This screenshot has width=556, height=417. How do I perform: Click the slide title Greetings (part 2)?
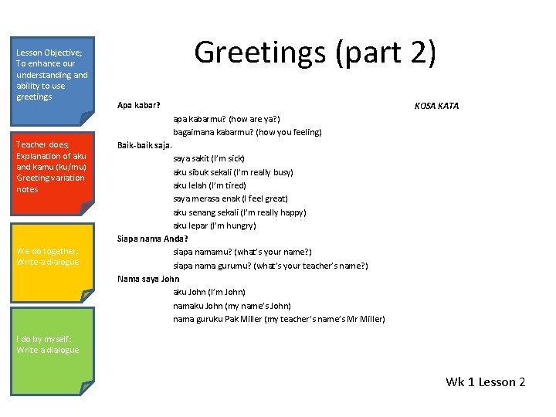pyautogui.click(x=315, y=53)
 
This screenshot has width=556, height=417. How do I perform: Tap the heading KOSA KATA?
pyautogui.click(x=436, y=106)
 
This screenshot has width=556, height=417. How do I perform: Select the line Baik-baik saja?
pyautogui.click(x=145, y=145)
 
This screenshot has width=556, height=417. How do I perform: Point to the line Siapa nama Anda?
pyautogui.click(x=153, y=239)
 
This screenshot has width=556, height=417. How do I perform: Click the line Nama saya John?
pyautogui.click(x=148, y=279)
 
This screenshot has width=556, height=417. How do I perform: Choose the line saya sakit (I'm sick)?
pyautogui.click(x=208, y=158)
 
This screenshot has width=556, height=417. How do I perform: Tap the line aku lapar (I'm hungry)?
pyautogui.click(x=215, y=225)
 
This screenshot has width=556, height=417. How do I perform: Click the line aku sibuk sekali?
pyautogui.click(x=232, y=172)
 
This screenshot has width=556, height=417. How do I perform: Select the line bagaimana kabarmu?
pyautogui.click(x=247, y=132)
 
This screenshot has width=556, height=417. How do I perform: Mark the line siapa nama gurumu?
pyautogui.click(x=270, y=266)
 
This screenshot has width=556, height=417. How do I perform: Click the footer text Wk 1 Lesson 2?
pyautogui.click(x=485, y=382)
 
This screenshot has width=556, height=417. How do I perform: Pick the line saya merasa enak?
pyautogui.click(x=230, y=198)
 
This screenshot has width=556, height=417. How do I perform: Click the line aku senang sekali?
pyautogui.click(x=239, y=212)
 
